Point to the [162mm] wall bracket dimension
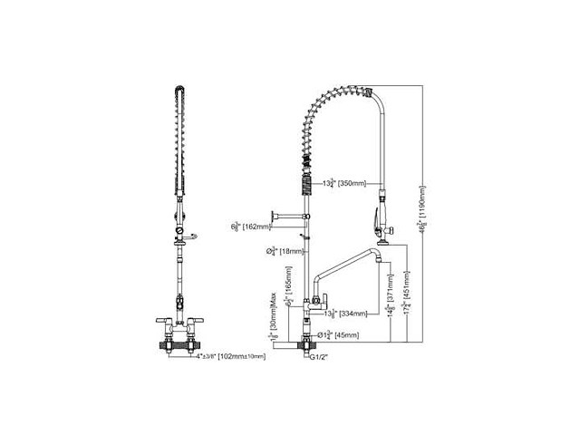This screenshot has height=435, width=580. (x=256, y=227)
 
